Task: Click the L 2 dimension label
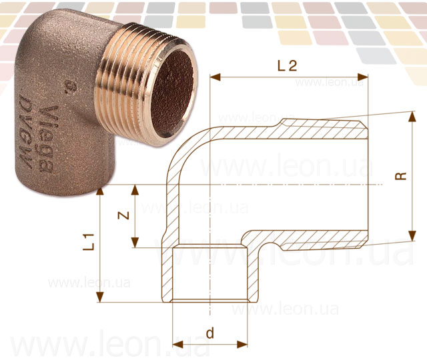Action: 287,65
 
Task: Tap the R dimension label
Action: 400,176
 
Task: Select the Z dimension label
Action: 123,215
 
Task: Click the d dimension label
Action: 210,333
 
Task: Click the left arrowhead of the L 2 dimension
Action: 215,77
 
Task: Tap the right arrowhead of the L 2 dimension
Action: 363,77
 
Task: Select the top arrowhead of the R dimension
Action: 413,116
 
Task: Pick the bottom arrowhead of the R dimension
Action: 413,236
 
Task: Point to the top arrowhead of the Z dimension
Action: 135,190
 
